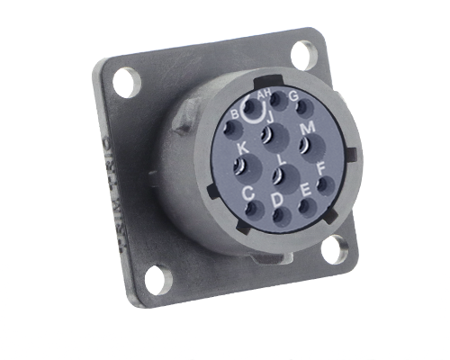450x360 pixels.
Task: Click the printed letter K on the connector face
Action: (242, 148)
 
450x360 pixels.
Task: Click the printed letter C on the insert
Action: (248, 192)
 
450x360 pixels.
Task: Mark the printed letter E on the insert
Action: (305, 188)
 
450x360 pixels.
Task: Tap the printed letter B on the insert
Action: (235, 114)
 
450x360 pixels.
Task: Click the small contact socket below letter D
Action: (277, 214)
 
